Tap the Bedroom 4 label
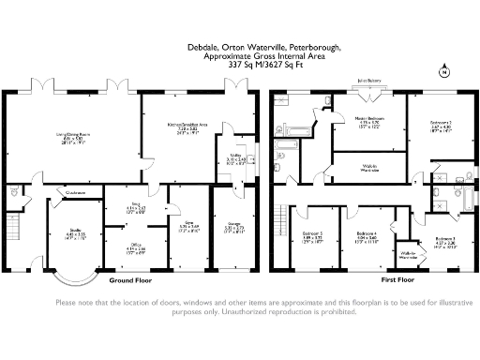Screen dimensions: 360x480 point(367,235)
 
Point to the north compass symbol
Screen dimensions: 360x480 point(443,71)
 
